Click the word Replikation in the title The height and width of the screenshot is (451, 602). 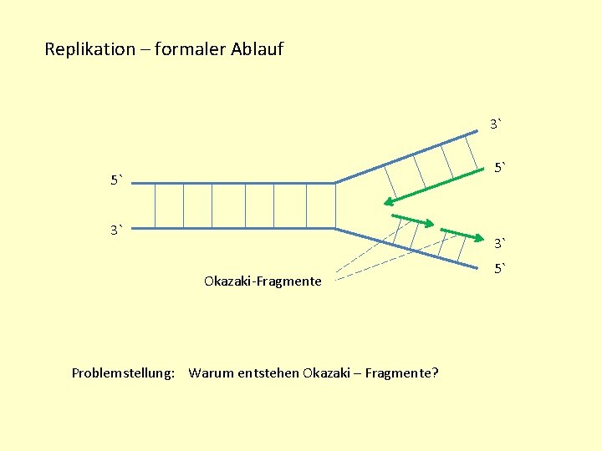coord(89,49)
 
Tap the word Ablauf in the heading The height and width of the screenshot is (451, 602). coord(256,49)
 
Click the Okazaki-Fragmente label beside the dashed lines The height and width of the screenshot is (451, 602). coord(262,281)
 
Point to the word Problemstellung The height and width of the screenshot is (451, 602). coord(123,372)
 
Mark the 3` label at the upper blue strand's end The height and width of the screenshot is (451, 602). coord(497,125)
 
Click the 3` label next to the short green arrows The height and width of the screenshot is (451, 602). coord(499,244)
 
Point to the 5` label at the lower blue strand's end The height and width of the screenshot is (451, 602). coord(499,269)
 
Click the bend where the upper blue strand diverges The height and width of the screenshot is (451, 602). coord(334,182)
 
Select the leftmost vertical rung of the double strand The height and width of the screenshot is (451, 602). coord(156,205)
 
